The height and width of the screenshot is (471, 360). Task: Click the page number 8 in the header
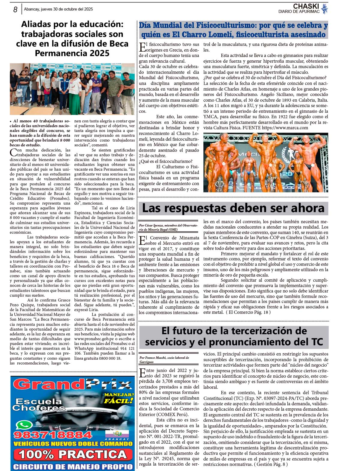(15, 10)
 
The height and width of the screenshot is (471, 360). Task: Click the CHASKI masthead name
(306, 6)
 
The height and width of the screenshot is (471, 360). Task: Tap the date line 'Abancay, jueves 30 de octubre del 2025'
(58, 9)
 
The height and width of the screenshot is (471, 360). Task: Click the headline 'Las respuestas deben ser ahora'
(233, 208)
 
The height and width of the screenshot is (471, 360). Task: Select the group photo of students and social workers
(72, 89)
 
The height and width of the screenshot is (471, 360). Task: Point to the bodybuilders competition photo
(265, 162)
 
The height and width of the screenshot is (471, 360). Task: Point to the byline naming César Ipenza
(168, 227)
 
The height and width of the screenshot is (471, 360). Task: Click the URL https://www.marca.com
(285, 128)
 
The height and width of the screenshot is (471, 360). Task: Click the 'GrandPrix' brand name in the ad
(72, 385)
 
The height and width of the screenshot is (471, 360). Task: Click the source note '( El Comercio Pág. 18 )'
(248, 312)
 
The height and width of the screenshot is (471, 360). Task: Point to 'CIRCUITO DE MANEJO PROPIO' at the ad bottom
(73, 466)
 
